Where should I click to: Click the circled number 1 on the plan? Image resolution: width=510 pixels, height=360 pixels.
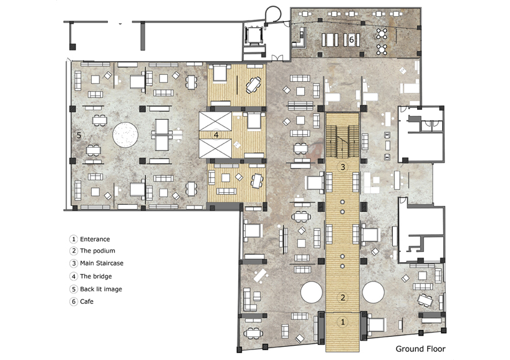pos(342,322)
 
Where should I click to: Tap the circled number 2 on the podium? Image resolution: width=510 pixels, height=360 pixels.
pos(342,298)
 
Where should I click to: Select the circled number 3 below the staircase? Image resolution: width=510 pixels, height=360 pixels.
pos(342,167)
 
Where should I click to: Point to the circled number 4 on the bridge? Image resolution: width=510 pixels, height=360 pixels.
pos(216,134)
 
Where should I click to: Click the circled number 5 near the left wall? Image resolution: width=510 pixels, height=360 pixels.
pos(79,135)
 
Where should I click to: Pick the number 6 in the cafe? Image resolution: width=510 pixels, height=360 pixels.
pos(351,40)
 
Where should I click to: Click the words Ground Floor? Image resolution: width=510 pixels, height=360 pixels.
pos(420,349)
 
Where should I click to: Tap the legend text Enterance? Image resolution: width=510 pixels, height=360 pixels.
pos(95,239)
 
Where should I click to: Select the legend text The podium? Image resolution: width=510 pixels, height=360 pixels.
pos(98,251)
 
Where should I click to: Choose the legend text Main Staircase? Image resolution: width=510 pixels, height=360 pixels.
pos(102,263)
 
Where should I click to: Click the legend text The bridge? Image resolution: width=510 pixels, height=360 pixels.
pos(96,276)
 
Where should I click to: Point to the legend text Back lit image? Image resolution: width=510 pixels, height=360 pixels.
pos(101,289)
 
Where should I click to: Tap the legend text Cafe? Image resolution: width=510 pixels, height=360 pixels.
pos(87,302)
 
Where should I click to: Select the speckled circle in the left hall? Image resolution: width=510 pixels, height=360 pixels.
pos(125,135)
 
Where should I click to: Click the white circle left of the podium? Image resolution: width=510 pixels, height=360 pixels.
pos(312,292)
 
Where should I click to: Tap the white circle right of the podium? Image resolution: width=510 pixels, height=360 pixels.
pos(373,292)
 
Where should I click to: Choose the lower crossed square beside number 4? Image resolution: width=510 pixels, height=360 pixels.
pos(215,148)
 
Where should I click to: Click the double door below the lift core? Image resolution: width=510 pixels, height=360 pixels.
pos(277,58)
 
